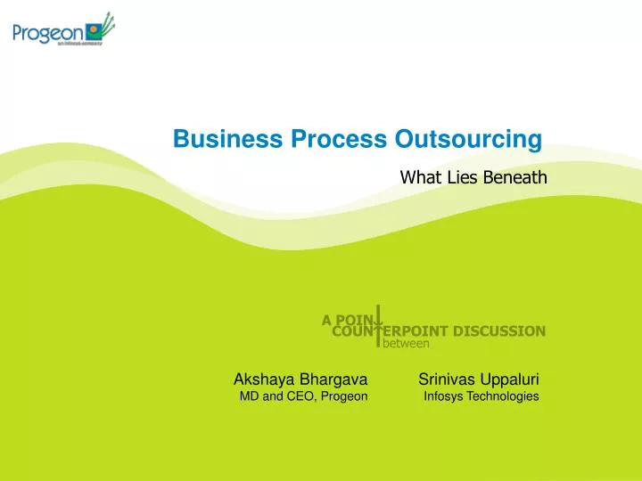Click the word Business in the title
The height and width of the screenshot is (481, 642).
(228, 140)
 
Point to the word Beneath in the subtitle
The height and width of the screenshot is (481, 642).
(514, 178)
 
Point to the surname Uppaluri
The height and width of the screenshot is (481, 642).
(510, 378)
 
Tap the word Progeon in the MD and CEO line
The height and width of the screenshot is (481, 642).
(344, 396)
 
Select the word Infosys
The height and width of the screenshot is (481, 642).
(443, 396)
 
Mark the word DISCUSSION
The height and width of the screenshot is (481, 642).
(499, 331)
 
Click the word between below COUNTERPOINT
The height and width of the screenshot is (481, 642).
(407, 343)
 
